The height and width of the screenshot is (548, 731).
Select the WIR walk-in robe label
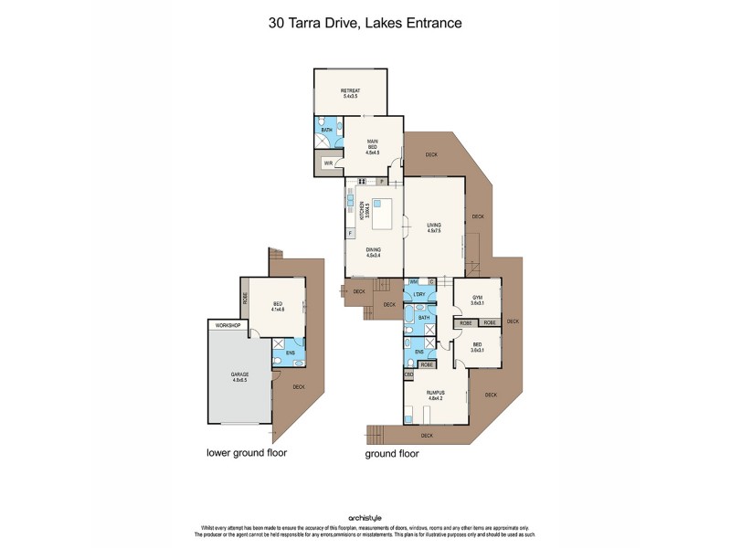tap(326, 163)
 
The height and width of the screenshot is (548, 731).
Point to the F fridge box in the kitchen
tap(350, 234)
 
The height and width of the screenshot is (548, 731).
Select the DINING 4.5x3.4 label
tap(373, 252)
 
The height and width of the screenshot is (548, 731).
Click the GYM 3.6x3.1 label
tap(476, 300)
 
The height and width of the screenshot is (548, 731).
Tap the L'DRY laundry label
tap(419, 294)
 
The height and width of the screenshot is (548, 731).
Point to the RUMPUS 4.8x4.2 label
tap(435, 395)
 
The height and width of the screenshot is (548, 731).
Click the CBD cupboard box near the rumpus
tap(408, 374)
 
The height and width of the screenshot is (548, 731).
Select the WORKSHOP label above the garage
tap(227, 325)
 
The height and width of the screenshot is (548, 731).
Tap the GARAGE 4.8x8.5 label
tap(239, 375)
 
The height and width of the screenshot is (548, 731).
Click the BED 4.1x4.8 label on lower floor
tap(278, 308)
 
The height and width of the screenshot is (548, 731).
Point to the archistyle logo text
tap(365, 518)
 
